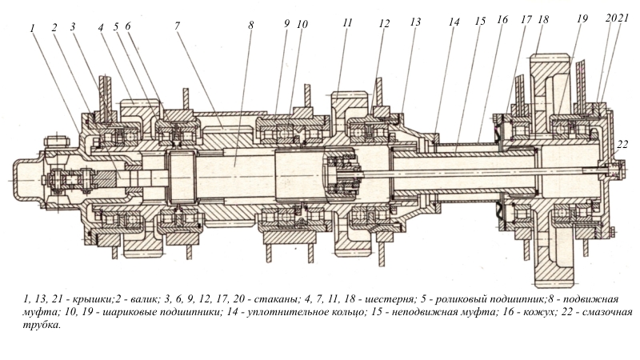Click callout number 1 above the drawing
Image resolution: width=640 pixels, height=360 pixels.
34,26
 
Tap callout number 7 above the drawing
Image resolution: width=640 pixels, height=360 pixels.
176,25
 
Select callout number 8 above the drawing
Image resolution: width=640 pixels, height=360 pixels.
251,25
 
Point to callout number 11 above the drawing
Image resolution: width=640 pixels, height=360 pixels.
346,23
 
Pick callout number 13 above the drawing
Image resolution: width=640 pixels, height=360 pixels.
414,23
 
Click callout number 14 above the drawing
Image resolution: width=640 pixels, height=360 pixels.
454,23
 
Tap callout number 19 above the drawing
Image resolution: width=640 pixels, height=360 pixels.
582,18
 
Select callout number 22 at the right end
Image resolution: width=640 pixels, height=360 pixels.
623,145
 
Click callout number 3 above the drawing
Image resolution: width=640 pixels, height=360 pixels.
73,26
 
